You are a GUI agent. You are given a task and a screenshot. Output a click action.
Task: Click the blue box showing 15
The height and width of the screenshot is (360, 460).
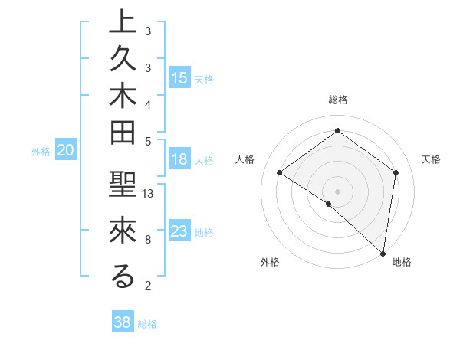click(x=179, y=78)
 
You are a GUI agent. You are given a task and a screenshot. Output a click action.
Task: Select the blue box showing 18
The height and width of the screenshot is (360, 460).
click(x=179, y=160)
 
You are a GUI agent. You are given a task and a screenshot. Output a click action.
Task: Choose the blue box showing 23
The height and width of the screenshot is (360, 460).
click(x=179, y=231)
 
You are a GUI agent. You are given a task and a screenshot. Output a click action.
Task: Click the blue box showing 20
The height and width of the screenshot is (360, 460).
click(x=66, y=151)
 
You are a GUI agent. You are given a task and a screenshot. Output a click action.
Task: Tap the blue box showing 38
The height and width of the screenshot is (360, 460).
click(x=123, y=322)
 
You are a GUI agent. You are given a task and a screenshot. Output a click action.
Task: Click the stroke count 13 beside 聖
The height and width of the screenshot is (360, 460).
click(x=149, y=194)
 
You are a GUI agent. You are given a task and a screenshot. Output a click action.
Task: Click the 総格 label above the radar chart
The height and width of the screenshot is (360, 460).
click(x=337, y=100)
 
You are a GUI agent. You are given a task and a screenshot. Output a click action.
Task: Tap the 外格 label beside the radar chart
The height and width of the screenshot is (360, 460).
click(x=270, y=262)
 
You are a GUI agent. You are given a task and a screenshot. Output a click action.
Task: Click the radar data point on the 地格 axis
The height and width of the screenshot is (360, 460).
click(x=383, y=253)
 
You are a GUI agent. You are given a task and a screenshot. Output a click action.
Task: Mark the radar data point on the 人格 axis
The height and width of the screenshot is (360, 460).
click(x=280, y=173)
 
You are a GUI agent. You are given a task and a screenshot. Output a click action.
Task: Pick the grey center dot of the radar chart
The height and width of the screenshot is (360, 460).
click(x=337, y=191)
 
